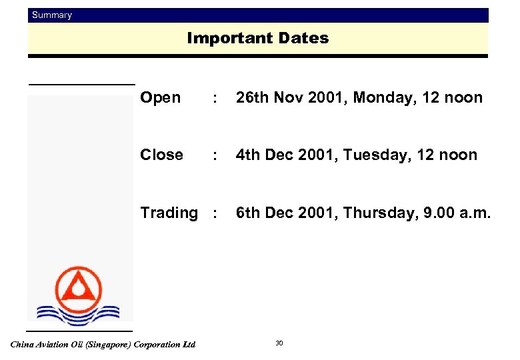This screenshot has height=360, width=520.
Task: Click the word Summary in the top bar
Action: [x=52, y=15]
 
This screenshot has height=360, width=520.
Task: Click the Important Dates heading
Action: [x=258, y=39]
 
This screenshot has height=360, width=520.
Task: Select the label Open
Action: [x=160, y=98]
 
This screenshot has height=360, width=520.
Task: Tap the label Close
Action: [x=161, y=155]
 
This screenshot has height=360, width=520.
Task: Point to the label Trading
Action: [x=169, y=213]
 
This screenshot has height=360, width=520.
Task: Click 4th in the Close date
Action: [x=247, y=155]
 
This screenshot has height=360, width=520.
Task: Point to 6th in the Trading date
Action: [x=247, y=213]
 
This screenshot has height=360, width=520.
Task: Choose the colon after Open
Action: [x=213, y=99]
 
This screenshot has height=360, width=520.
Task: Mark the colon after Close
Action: [x=213, y=155]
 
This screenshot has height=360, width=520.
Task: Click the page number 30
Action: [x=279, y=343]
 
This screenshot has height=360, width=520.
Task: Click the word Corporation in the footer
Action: [x=158, y=345]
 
